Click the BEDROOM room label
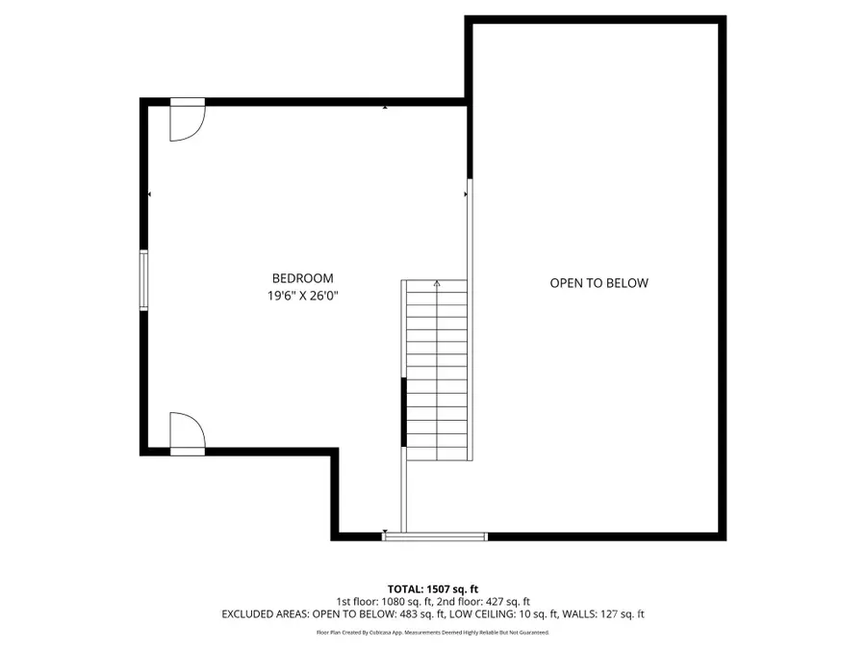tap(302, 278)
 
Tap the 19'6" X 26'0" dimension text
tap(302, 297)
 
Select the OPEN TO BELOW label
tap(599, 283)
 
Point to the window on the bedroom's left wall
tap(144, 280)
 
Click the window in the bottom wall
tap(435, 536)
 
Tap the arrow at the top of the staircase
tap(437, 284)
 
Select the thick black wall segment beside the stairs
tap(403, 412)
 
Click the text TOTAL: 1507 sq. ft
tap(432, 588)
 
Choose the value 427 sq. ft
tap(503, 601)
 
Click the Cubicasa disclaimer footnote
tap(432, 633)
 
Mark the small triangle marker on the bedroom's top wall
tap(385, 107)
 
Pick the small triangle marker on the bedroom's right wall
tap(466, 195)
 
